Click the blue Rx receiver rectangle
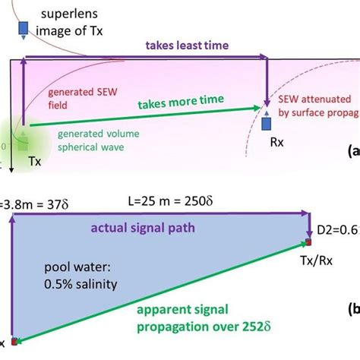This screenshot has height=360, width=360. (267, 122)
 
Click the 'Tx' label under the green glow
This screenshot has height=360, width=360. (34, 162)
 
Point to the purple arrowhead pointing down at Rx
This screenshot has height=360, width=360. (267, 101)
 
